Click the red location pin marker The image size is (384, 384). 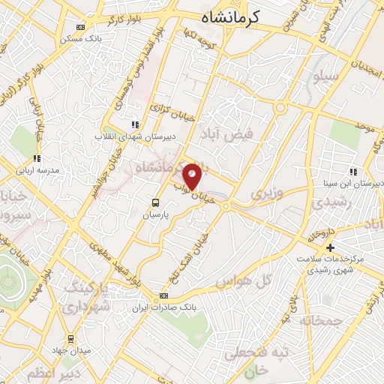coord(193,176)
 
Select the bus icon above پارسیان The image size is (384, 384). coord(156,202)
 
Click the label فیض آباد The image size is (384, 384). coord(228,133)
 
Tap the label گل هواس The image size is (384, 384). coord(241,282)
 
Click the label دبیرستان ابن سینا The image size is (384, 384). coord(357,182)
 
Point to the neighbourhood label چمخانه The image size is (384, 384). coord(319,319)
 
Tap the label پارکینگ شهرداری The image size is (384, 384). coord(86,298)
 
